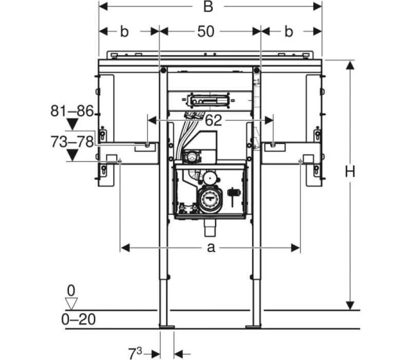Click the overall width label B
[x=208, y=7]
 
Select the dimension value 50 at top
[x=206, y=31]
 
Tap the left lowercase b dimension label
[x=124, y=31]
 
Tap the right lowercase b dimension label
[x=288, y=31]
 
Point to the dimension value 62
[x=213, y=120]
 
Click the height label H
[x=350, y=172]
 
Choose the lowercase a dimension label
[x=211, y=247]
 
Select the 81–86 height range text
[x=72, y=111]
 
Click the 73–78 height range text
[x=72, y=142]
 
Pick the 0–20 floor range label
[x=79, y=319]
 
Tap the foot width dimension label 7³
[x=135, y=353]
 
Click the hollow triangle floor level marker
[x=71, y=303]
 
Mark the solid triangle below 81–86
[x=72, y=124]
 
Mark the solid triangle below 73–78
[x=72, y=155]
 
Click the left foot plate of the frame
[x=167, y=327]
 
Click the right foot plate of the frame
[x=253, y=327]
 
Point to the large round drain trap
[x=210, y=200]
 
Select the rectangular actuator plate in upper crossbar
[x=210, y=100]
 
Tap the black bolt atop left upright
[x=163, y=70]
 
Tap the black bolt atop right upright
[x=257, y=70]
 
